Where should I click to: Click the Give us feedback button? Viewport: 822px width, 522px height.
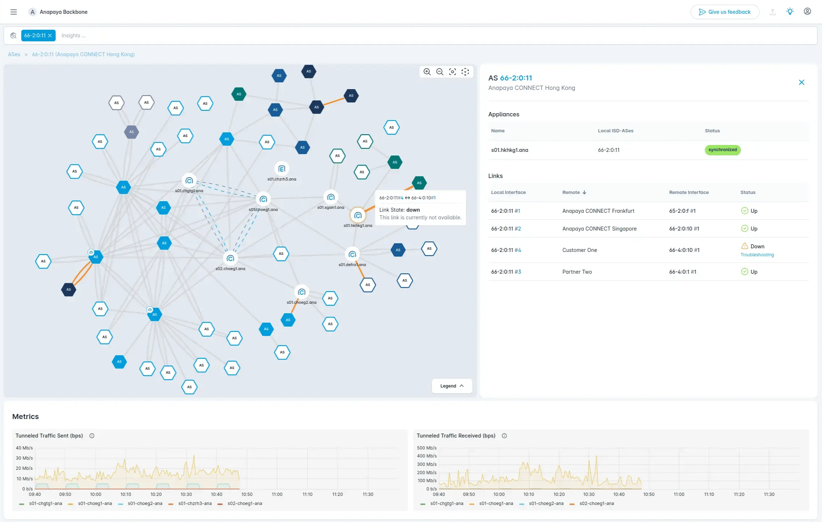[725, 12]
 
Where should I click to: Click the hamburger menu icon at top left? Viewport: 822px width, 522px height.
[14, 12]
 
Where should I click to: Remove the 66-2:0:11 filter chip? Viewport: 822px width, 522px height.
[50, 36]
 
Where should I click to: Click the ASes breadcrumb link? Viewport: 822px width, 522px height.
[14, 54]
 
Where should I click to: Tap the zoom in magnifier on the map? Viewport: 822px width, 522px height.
[427, 72]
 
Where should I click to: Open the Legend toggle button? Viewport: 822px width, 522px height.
[452, 386]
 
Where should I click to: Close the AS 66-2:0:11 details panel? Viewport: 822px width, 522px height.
[801, 82]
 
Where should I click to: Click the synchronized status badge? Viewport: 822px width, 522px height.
[722, 150]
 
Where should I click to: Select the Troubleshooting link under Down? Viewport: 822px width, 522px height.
[757, 255]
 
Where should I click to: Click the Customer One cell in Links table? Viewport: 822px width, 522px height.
[579, 250]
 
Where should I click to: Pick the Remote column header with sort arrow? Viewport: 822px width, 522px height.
[574, 192]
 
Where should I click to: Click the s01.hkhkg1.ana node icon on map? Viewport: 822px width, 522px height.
[358, 216]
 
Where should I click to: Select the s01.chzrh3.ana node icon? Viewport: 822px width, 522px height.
[282, 169]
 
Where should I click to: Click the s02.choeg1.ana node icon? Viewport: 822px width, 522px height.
[230, 258]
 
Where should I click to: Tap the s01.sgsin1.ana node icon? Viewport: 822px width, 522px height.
[331, 197]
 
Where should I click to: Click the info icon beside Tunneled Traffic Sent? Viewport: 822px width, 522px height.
[92, 436]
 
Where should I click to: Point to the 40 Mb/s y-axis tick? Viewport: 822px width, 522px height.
[24, 448]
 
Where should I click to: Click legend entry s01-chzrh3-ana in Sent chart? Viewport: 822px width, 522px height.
[194, 504]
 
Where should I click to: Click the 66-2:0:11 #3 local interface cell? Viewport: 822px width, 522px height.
[506, 272]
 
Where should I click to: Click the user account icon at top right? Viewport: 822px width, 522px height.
[807, 12]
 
